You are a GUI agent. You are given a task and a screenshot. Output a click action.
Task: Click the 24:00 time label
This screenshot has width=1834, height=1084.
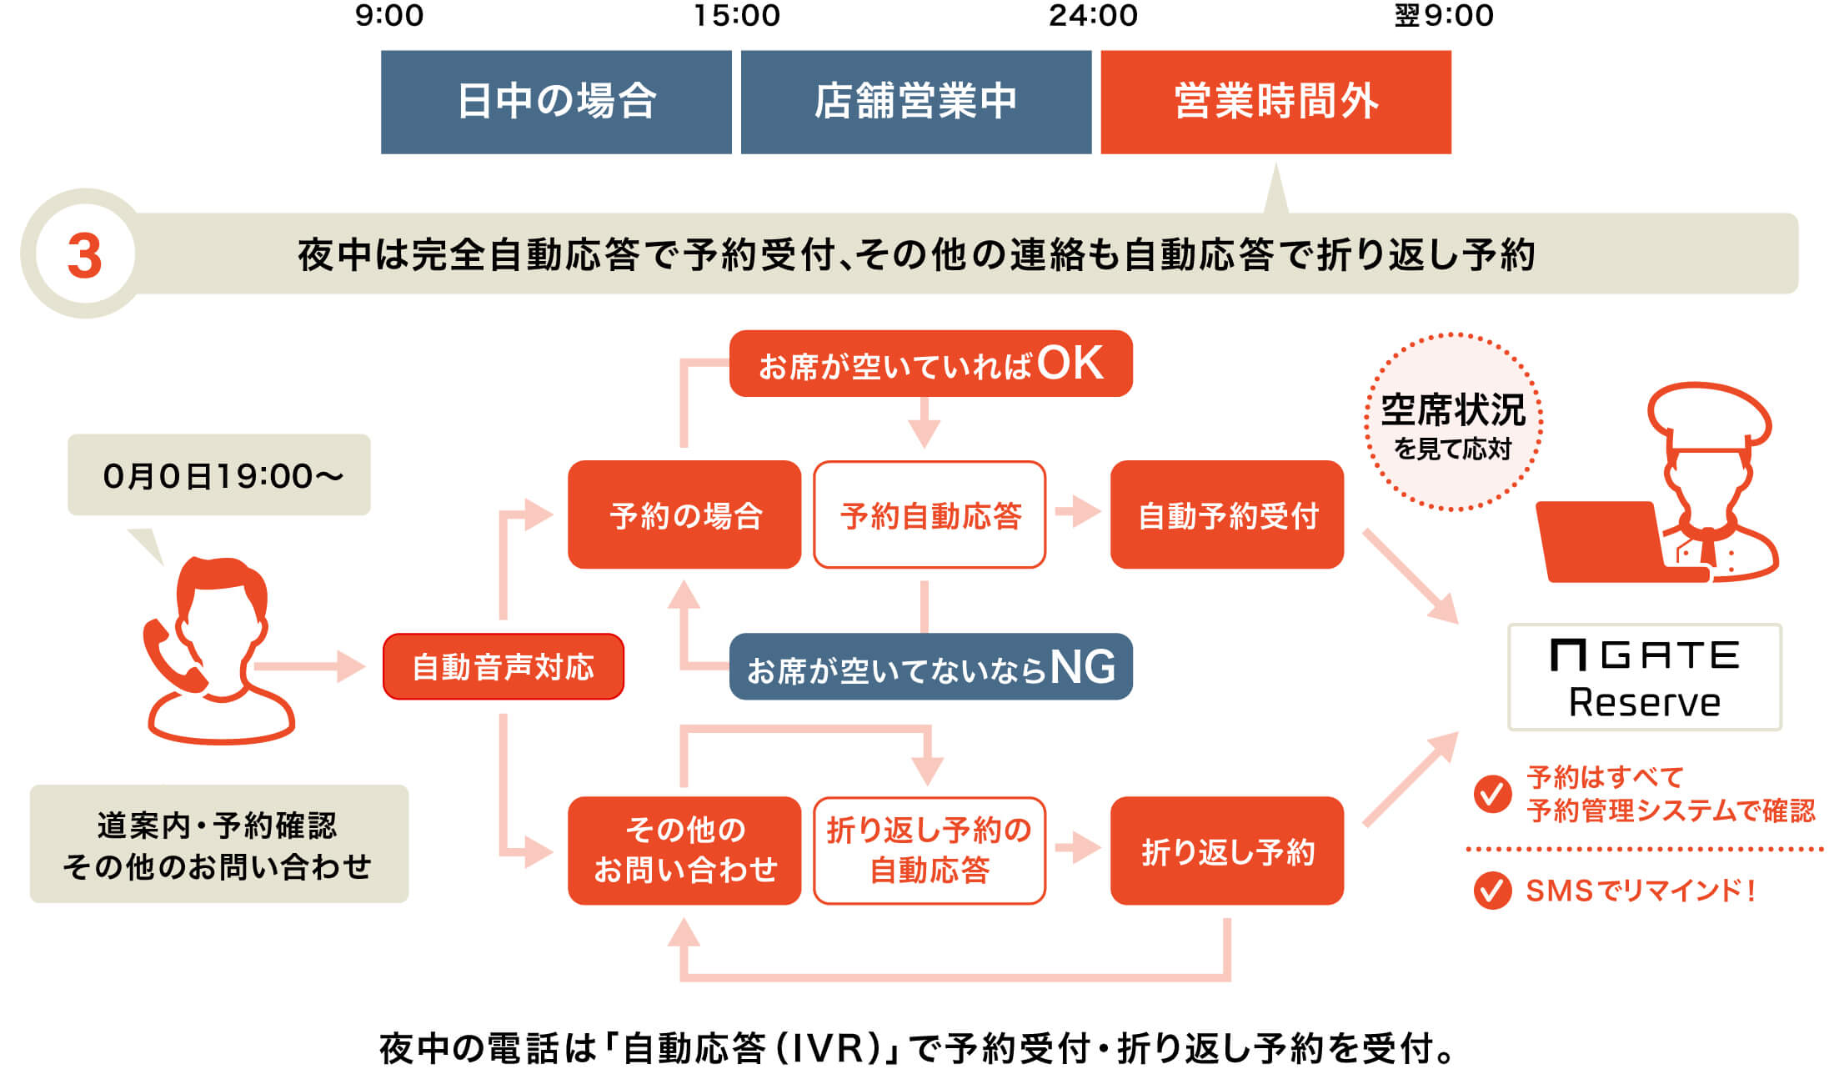(1093, 16)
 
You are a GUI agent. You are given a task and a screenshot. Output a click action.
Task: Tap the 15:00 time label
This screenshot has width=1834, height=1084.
(737, 16)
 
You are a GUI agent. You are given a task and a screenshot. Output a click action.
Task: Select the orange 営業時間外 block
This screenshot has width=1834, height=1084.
(1275, 102)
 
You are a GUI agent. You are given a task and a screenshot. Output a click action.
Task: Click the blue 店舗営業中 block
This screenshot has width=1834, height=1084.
(915, 102)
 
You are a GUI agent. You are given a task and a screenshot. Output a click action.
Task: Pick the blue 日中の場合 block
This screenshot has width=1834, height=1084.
(556, 102)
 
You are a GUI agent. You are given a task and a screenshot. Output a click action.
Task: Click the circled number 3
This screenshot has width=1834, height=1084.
(84, 254)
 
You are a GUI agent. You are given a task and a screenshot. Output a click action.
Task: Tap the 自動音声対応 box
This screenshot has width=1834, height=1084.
(503, 667)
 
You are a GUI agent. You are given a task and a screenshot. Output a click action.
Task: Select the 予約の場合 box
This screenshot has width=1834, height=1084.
(684, 514)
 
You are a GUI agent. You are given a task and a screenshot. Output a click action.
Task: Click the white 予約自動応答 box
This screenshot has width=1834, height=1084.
(930, 514)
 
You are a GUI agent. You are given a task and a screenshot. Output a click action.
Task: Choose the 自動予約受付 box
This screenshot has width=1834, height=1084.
(1227, 514)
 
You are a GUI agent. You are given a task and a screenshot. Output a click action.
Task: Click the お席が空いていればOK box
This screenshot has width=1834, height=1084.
(930, 364)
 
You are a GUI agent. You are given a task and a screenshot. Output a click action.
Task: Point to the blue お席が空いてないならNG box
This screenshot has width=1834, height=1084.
(930, 667)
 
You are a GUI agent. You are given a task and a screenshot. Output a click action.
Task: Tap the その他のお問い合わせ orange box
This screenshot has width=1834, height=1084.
(684, 851)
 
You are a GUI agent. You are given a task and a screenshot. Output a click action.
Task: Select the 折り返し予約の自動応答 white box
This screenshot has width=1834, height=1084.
(930, 851)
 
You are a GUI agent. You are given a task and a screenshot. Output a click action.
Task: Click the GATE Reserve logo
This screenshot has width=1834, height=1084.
(1644, 677)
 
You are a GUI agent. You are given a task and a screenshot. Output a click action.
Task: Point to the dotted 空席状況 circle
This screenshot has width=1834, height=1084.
(1452, 423)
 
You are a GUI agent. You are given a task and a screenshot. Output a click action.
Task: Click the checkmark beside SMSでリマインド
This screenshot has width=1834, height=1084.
(1491, 891)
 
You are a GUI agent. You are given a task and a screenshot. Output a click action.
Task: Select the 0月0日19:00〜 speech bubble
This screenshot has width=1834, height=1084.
(219, 475)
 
